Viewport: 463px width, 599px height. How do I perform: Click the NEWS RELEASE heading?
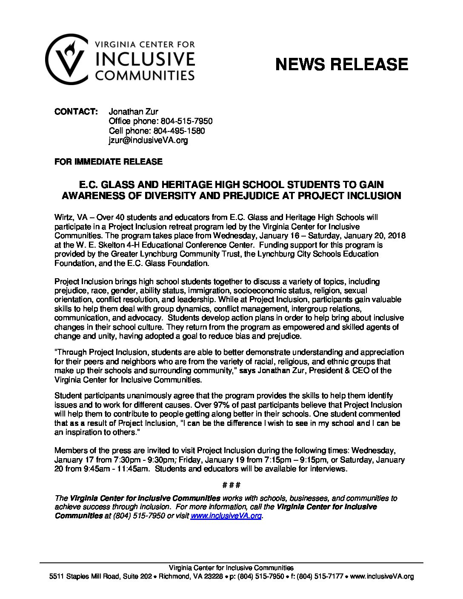pos(342,64)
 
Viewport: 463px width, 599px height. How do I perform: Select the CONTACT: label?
pos(76,111)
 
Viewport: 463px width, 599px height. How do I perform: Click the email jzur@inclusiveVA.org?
pos(148,140)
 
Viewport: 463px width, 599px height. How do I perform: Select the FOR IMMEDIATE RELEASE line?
pos(109,162)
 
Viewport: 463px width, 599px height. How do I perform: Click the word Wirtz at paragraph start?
pos(63,217)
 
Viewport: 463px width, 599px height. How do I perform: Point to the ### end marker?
pos(232,485)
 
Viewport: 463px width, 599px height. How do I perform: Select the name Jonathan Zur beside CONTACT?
pos(134,111)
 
